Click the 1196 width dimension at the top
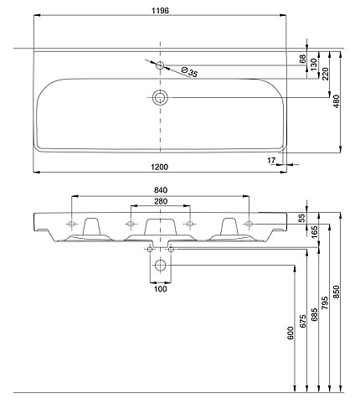click(160, 11)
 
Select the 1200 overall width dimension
click(160, 167)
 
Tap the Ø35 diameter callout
click(189, 71)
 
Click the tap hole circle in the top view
click(160, 65)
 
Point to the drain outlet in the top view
click(160, 97)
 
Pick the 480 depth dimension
click(337, 101)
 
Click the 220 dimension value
click(326, 74)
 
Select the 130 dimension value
click(314, 65)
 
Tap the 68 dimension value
click(302, 59)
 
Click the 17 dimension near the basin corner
click(271, 160)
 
